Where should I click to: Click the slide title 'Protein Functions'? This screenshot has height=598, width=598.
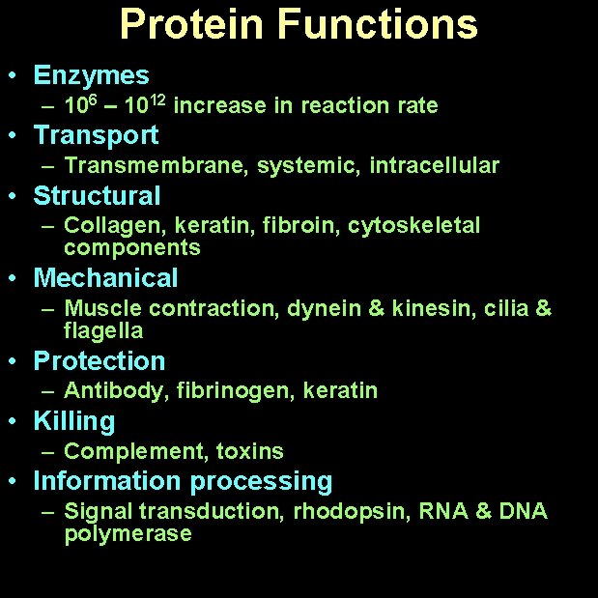[x=299, y=25]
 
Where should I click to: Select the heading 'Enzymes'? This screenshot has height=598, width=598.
[x=91, y=75]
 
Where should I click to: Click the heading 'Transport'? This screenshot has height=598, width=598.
[x=96, y=135]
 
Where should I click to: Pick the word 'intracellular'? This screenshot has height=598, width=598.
[x=434, y=166]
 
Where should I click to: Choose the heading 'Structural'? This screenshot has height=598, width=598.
[x=97, y=196]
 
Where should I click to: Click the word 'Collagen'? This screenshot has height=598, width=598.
[x=102, y=226]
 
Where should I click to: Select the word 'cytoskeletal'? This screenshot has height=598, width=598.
[x=413, y=226]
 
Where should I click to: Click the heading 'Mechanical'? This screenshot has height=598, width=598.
[x=105, y=278]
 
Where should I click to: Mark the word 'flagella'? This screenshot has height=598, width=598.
[x=103, y=331]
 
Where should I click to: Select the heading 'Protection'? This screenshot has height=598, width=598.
[x=100, y=361]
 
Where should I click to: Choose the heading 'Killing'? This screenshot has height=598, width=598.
[x=73, y=421]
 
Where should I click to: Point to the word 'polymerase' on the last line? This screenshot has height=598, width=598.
[x=128, y=534]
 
